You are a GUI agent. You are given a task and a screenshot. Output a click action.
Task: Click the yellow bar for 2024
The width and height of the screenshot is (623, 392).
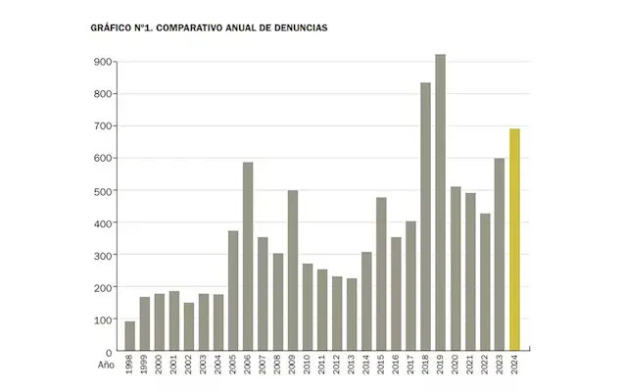pos(514,240)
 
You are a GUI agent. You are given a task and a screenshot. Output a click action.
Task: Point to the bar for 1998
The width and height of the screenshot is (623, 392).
pos(130,336)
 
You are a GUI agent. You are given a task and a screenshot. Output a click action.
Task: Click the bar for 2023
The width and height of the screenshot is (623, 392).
pos(500,255)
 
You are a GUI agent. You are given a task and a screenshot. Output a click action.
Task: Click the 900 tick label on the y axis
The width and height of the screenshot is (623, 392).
pos(103,62)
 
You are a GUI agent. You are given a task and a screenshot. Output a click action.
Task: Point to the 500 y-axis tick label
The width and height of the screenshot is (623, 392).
pos(103,191)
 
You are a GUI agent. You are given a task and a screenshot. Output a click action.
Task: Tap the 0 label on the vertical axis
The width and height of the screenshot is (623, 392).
pos(109,352)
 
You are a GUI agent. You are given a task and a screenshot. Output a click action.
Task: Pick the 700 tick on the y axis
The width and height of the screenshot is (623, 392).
pos(103,126)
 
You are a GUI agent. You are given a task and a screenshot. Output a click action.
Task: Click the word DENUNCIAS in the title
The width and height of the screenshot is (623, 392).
pos(300,28)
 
